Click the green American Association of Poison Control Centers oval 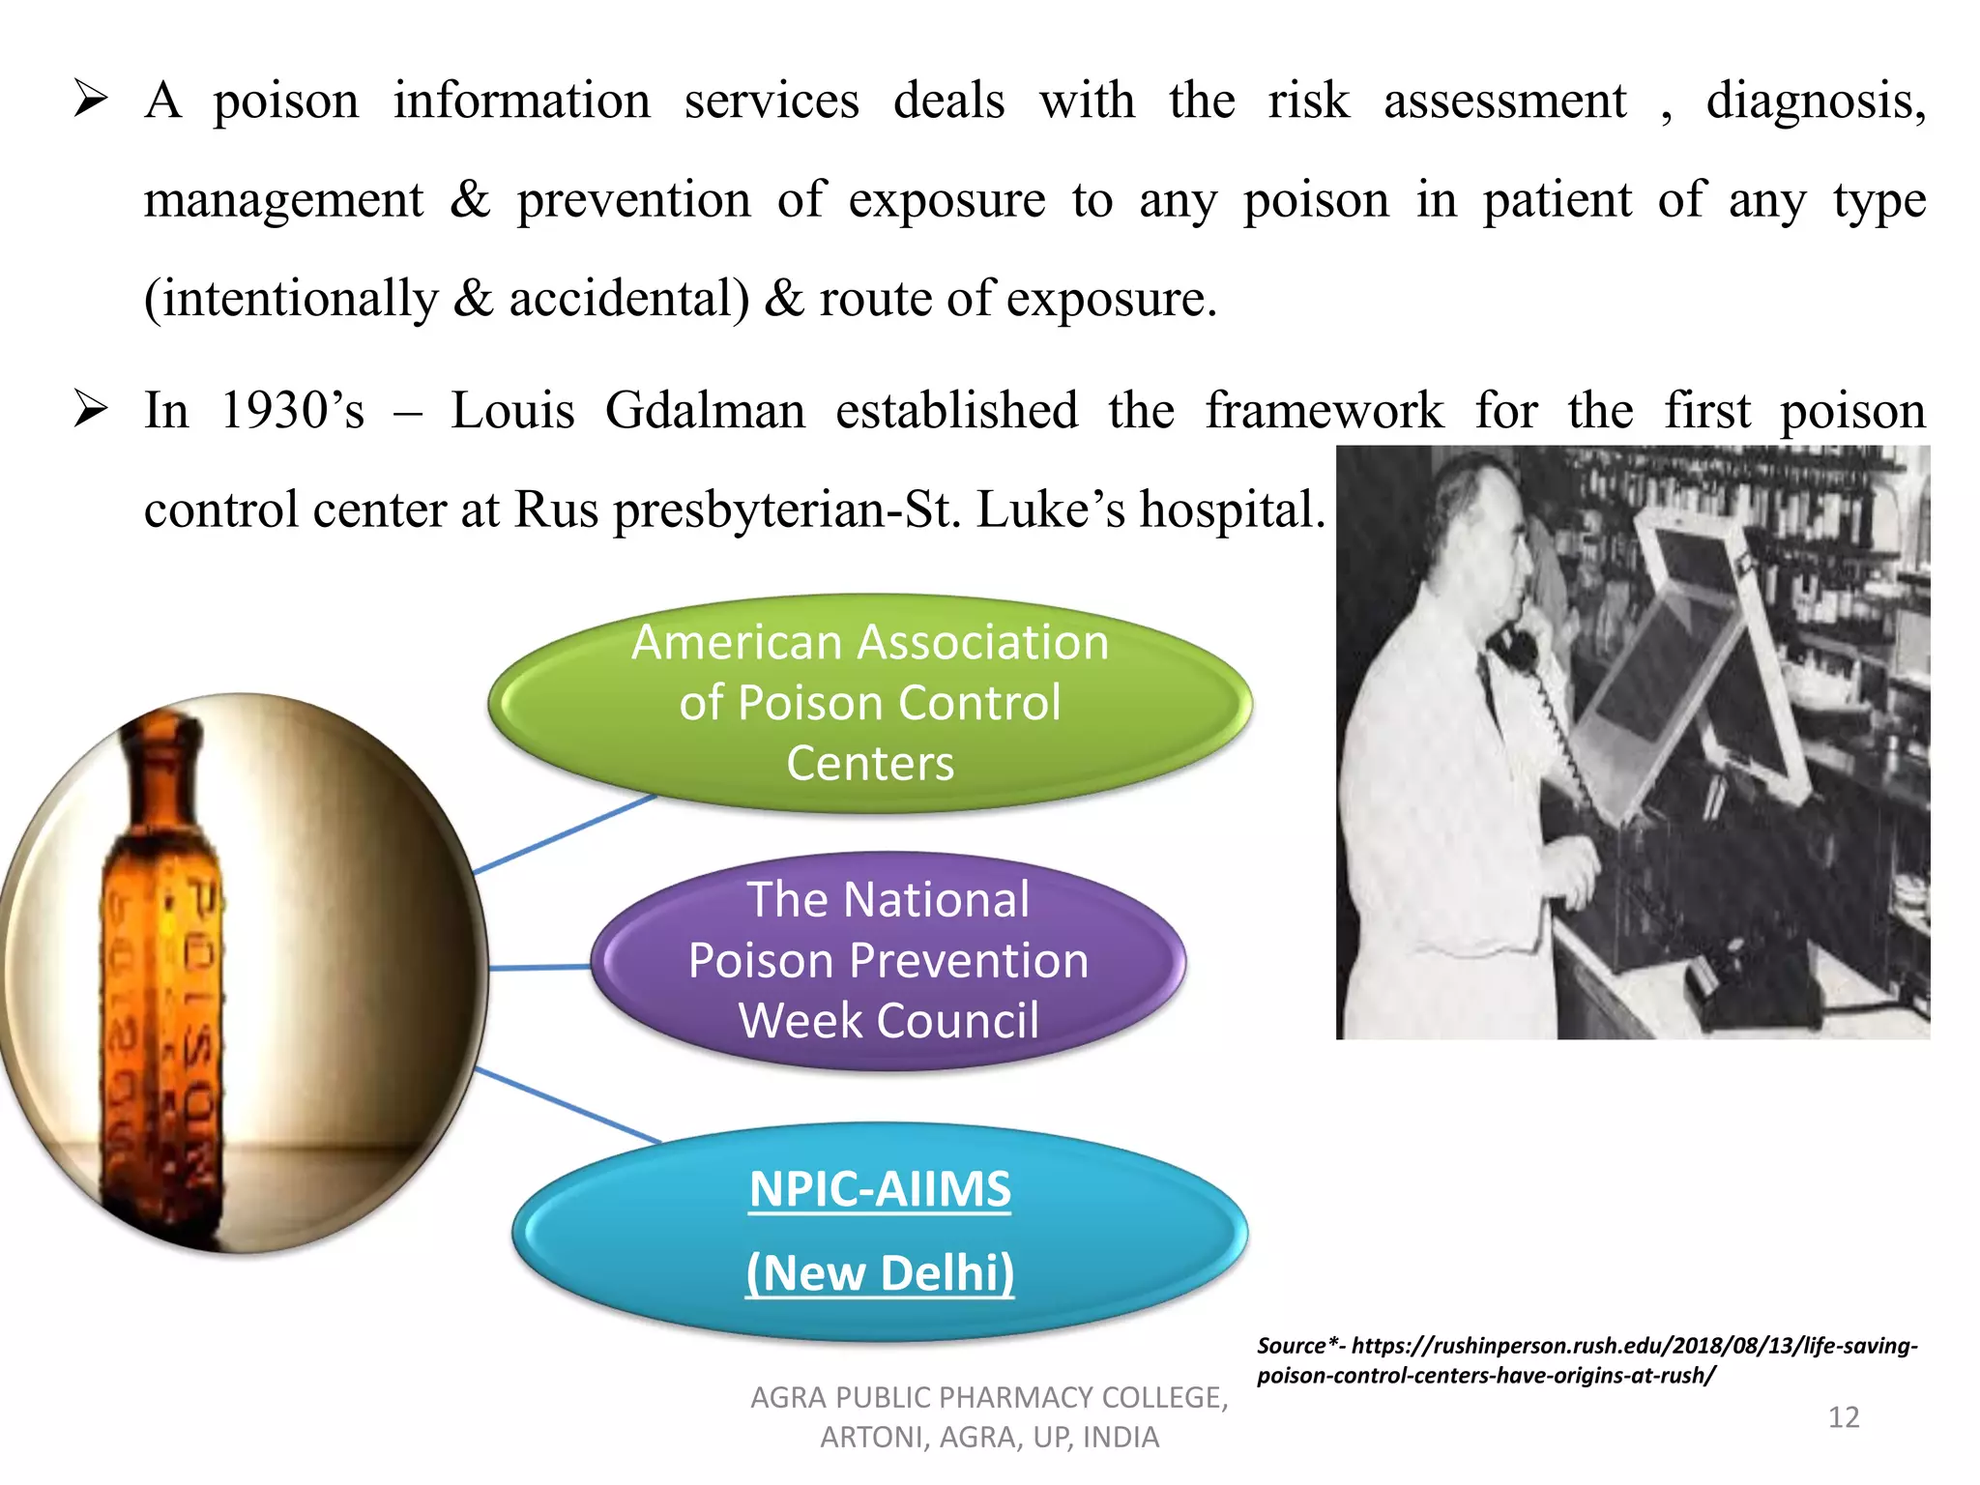tap(870, 703)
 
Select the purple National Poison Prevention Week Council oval tap(888, 960)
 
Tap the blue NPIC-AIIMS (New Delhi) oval tap(880, 1231)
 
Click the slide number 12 tap(1843, 1417)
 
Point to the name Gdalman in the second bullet tap(705, 410)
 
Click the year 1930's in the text tap(292, 410)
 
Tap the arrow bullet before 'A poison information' tap(90, 100)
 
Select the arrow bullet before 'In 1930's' tap(90, 410)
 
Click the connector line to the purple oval tap(539, 967)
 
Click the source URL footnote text tap(1586, 1359)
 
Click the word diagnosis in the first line tap(1814, 101)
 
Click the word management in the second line tap(283, 201)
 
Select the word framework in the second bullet tap(1324, 410)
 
